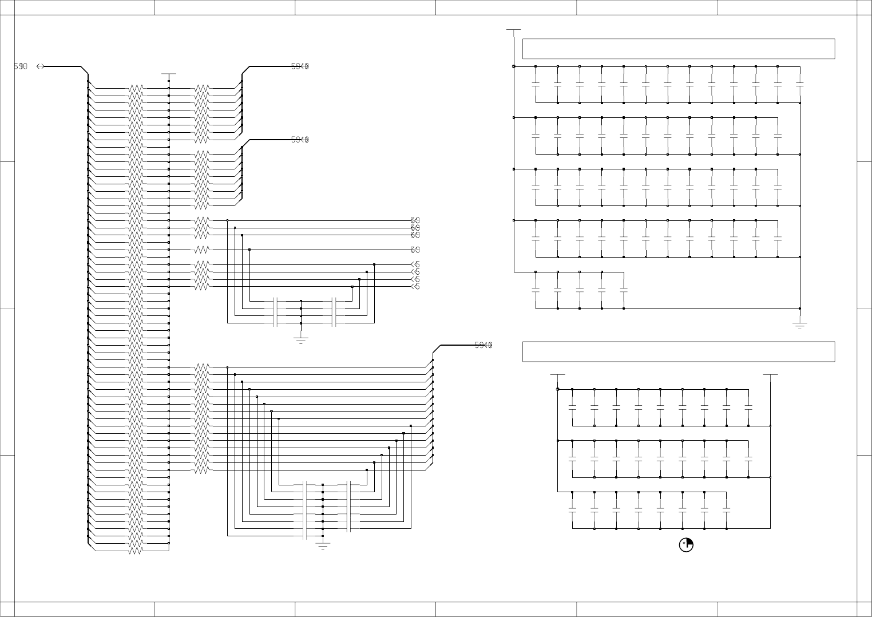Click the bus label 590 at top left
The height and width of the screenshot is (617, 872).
[20, 66]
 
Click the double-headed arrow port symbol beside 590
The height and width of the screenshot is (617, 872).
[40, 66]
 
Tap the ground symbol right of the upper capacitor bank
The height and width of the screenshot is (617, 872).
[799, 326]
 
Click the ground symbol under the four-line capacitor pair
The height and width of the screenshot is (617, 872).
[301, 339]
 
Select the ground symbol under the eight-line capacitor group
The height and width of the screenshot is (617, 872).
[323, 546]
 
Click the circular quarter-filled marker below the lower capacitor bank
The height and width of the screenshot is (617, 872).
[686, 545]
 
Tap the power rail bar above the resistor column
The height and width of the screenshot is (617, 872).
[169, 74]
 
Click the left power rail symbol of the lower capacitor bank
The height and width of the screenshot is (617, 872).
[557, 375]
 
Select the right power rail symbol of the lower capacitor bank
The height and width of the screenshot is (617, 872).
[771, 375]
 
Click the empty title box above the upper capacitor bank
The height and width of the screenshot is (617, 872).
[678, 49]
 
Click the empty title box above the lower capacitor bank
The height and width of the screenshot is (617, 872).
[678, 351]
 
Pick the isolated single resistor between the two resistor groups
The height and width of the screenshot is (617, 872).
[202, 250]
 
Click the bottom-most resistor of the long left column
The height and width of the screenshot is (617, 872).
[136, 551]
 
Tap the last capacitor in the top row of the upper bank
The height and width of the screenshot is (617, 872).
[799, 85]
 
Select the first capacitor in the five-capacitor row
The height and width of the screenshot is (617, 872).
[536, 290]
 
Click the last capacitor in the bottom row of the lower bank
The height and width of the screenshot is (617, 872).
[727, 510]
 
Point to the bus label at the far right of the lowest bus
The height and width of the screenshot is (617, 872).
[483, 345]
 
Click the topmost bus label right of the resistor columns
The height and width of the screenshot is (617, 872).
[300, 66]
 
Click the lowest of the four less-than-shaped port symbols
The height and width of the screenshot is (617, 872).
[415, 287]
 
